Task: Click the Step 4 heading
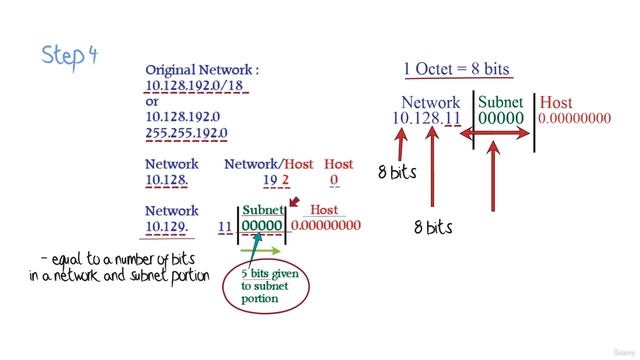pos(70,54)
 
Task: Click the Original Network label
pos(202,70)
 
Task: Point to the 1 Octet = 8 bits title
pos(456,69)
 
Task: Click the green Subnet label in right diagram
pos(502,102)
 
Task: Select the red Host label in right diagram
pos(556,102)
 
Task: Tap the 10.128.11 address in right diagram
pos(426,119)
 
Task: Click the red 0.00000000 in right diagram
pos(574,119)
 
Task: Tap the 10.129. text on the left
pos(168,227)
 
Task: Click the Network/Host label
pos(269,164)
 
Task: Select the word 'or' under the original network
pos(152,102)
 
